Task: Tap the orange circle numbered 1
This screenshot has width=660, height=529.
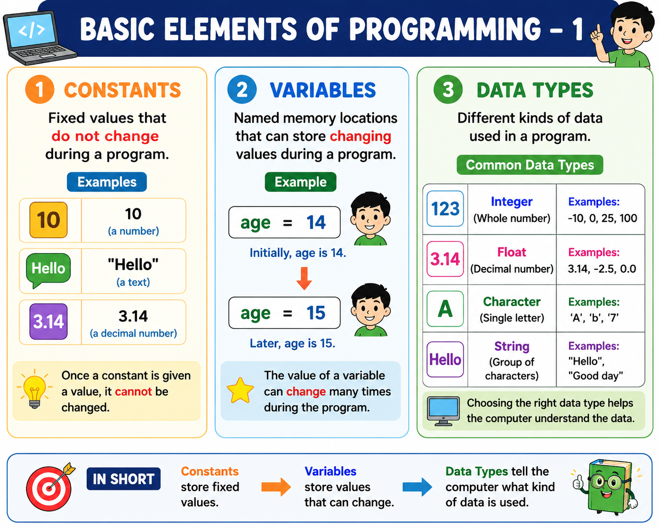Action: click(40, 90)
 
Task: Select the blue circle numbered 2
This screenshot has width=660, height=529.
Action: click(242, 90)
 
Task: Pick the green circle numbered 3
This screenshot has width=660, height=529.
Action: click(448, 90)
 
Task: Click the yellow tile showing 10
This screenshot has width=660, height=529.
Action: click(48, 220)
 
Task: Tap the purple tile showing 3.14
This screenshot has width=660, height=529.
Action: click(48, 322)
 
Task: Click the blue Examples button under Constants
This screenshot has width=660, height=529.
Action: click(107, 182)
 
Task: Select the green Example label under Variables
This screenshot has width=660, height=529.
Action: click(300, 182)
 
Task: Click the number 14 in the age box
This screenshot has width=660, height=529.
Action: click(316, 223)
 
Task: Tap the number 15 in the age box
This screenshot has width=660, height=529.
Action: click(316, 313)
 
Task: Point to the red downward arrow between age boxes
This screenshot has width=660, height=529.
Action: click(304, 278)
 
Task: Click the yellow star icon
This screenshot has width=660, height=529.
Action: click(240, 390)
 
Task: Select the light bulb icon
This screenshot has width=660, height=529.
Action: click(35, 388)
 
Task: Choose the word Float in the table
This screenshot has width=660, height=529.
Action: click(512, 252)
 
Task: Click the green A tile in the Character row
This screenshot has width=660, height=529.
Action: click(445, 309)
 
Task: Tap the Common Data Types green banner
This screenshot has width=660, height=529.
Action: click(530, 165)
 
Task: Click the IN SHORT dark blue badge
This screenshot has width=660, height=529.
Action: click(124, 479)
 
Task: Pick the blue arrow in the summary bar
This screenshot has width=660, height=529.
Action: click(417, 487)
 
